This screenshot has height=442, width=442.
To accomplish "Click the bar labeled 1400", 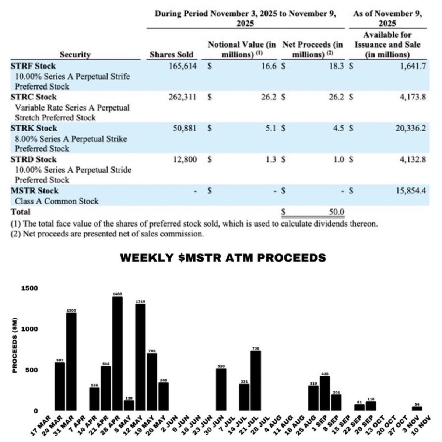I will (x=117, y=354).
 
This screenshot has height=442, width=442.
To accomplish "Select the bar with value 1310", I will (x=140, y=357).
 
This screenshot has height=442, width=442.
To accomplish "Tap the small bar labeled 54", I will (x=417, y=408).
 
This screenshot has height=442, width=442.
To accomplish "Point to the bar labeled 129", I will (x=129, y=405).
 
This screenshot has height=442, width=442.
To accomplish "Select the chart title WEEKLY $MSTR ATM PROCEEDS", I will (x=223, y=257).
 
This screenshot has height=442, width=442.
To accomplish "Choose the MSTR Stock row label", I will (x=36, y=191).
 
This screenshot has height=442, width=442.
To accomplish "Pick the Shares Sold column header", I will (x=171, y=55).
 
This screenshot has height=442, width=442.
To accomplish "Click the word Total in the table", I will (x=21, y=212).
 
